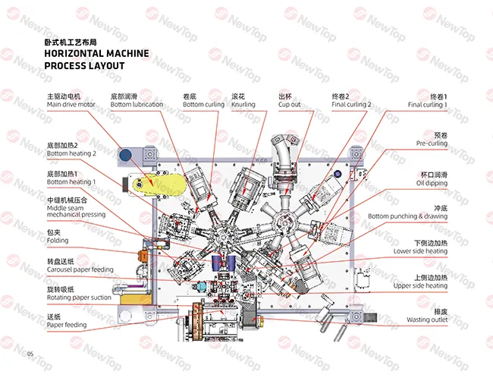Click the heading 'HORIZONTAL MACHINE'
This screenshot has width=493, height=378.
[96, 54]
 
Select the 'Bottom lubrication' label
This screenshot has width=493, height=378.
[137, 104]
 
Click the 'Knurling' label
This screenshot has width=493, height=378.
[243, 104]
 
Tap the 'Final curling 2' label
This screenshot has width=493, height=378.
[351, 104]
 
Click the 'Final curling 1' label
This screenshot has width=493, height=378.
[427, 104]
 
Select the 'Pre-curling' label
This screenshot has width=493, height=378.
[431, 143]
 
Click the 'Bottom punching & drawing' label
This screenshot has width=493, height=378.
[407, 216]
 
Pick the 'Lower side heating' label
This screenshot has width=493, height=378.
[420, 251]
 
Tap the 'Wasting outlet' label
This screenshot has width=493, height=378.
[427, 320]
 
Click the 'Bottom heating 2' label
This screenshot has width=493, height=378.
[71, 153]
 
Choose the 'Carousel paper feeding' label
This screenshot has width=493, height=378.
[80, 269]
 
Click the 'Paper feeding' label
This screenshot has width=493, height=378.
[66, 325]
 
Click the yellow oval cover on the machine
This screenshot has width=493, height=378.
[155, 184]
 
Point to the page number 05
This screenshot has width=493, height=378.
[30, 354]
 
